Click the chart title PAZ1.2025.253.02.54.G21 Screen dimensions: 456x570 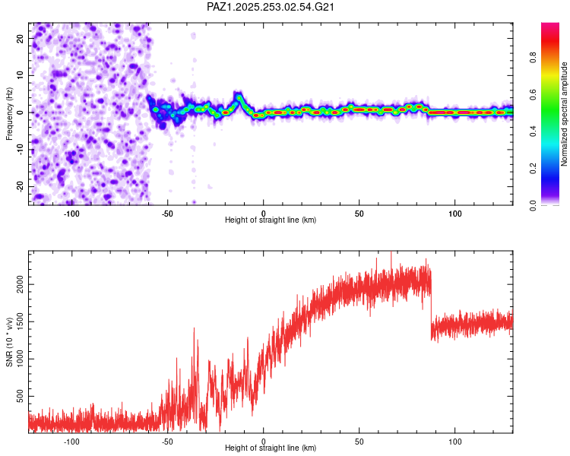(271, 7)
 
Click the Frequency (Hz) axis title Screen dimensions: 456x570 (10, 113)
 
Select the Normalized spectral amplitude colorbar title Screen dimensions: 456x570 (564, 114)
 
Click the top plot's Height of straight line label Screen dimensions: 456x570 (271, 220)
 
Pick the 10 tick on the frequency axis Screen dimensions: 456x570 (21, 75)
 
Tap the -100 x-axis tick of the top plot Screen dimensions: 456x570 (71, 212)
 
